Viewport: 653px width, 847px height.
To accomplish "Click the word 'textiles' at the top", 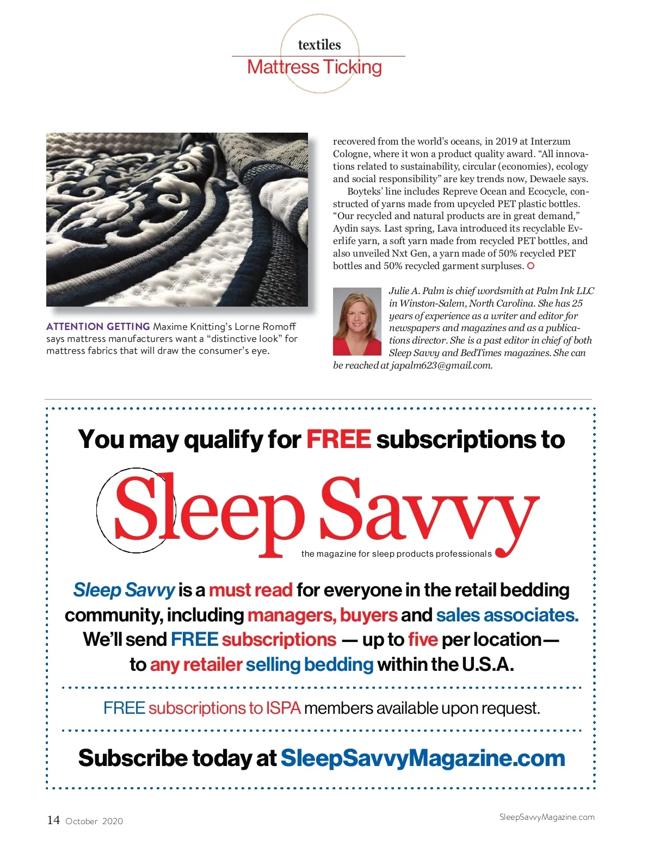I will (x=319, y=45).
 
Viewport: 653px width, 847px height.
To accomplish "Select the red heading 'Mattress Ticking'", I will (x=315, y=67).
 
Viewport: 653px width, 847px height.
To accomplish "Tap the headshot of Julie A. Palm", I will (x=357, y=321).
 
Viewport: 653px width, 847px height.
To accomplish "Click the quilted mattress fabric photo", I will (x=177, y=219).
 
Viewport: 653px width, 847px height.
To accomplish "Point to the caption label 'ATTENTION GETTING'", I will (x=98, y=327).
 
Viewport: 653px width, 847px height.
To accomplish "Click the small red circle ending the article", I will (x=531, y=266).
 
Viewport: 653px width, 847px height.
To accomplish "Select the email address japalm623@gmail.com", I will (x=441, y=365).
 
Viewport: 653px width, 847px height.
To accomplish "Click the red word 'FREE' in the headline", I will (x=338, y=439).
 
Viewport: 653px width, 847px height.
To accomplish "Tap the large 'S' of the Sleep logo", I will (x=136, y=508).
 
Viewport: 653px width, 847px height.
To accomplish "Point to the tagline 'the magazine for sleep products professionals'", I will (x=396, y=554).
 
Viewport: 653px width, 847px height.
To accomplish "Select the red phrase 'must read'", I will (x=250, y=590).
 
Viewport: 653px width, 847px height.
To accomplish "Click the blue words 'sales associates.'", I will (x=507, y=615).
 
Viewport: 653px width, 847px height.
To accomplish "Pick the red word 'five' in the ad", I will (x=423, y=639).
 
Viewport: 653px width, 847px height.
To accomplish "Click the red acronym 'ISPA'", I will (x=283, y=708).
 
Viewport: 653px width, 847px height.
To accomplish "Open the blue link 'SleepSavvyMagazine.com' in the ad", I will (x=422, y=758).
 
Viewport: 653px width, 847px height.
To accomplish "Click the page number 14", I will (x=53, y=820).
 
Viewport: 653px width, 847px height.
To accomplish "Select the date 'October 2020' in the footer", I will (x=94, y=821).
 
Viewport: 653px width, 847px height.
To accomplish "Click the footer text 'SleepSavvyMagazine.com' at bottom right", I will (x=546, y=817).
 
